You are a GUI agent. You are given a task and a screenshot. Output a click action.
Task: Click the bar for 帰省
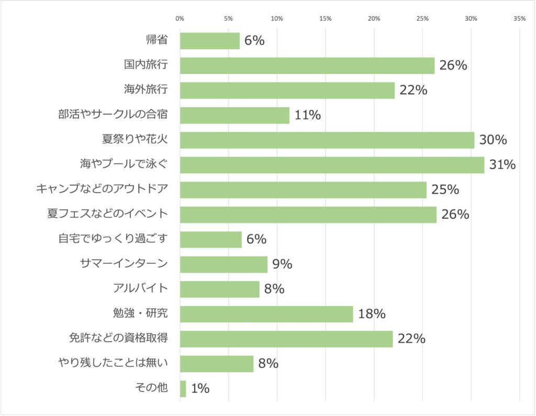pyautogui.click(x=209, y=41)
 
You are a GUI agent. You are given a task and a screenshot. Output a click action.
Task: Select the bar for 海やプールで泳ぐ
pyautogui.click(x=332, y=165)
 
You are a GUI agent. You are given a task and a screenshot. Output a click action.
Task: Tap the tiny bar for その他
pyautogui.click(x=183, y=389)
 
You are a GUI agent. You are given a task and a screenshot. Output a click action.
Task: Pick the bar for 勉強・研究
pyautogui.click(x=266, y=314)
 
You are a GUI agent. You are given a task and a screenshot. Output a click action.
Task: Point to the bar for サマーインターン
pyautogui.click(x=224, y=264)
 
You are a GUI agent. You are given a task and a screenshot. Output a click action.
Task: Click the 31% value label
pyautogui.click(x=502, y=165)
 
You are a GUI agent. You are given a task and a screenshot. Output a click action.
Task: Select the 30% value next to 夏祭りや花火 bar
pyautogui.click(x=493, y=140)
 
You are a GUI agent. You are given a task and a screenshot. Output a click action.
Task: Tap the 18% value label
pyautogui.click(x=372, y=314)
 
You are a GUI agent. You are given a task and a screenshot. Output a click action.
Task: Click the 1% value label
pyautogui.click(x=200, y=389)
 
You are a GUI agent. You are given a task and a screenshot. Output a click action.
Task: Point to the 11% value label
pyautogui.click(x=307, y=115)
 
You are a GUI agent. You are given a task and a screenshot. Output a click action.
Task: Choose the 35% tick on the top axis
pyautogui.click(x=519, y=19)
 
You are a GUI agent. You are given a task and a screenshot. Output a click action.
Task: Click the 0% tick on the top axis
pyautogui.click(x=180, y=19)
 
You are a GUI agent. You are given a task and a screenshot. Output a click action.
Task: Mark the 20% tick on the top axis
pyautogui.click(x=374, y=19)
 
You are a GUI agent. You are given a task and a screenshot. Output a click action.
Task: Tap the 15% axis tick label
pyautogui.click(x=325, y=19)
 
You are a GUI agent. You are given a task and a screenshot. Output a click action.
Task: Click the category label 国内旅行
pyautogui.click(x=146, y=65)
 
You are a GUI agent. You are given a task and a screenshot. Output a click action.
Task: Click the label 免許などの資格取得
pyautogui.click(x=118, y=339)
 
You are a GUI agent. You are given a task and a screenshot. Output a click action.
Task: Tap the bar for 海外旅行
pyautogui.click(x=287, y=91)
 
